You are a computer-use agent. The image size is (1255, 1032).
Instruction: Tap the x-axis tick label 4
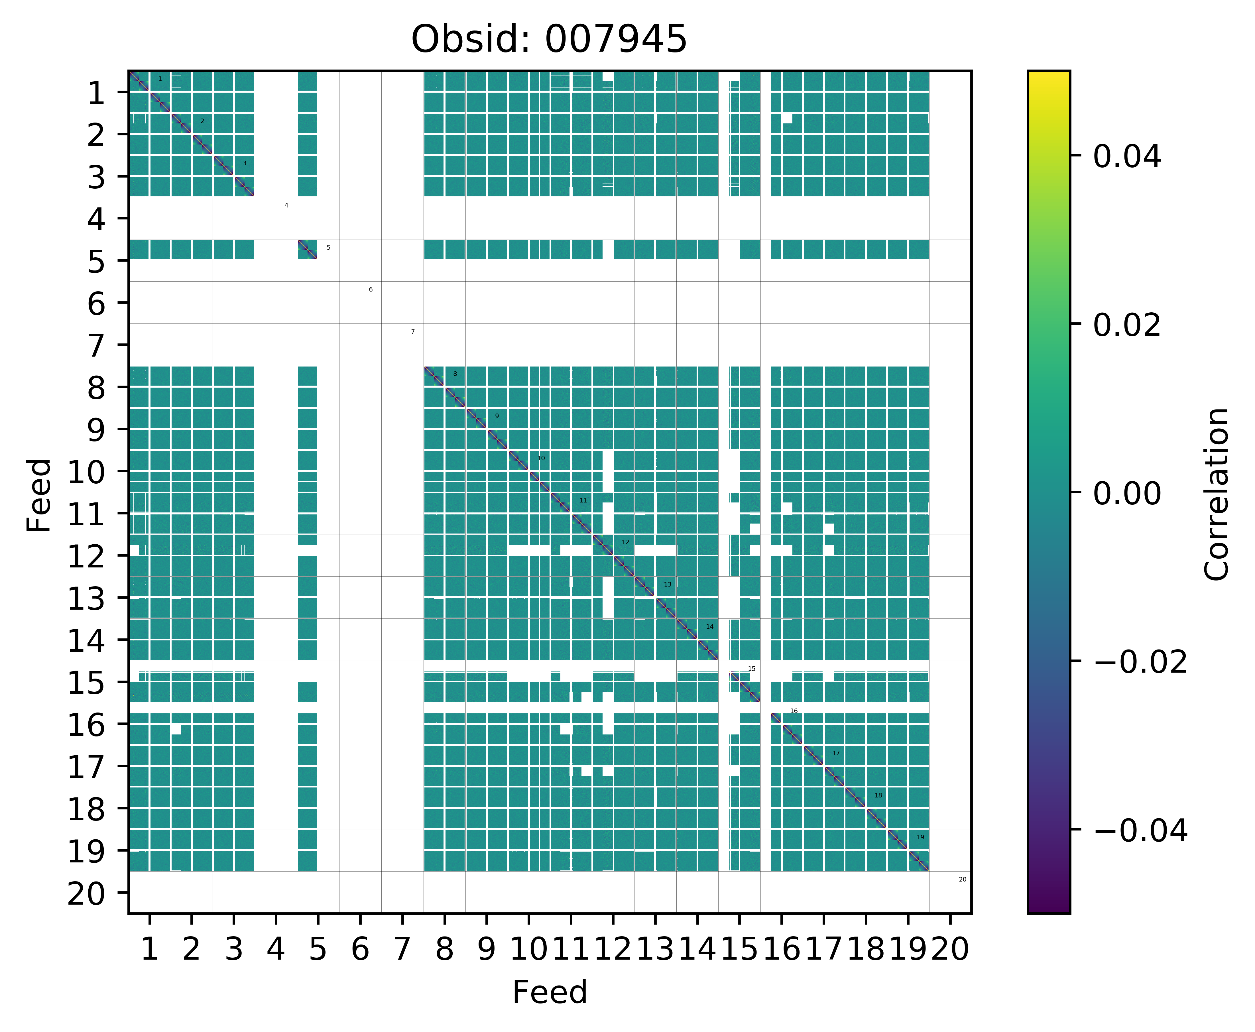click(x=275, y=949)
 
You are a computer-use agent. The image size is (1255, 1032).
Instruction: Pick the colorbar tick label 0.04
click(x=1126, y=157)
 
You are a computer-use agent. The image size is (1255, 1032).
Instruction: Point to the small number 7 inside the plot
click(x=413, y=332)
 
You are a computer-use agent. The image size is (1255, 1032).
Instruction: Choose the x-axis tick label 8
click(x=444, y=949)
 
